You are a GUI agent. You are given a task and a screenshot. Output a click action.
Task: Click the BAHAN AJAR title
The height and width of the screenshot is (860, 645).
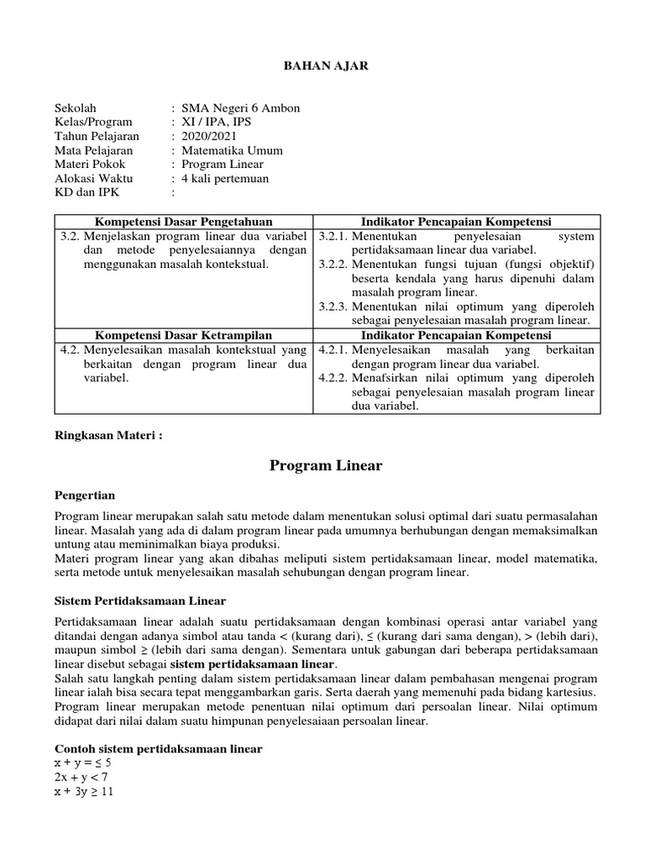point(322,65)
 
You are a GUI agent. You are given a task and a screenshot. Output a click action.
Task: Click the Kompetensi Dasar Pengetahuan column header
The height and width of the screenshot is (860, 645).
point(184,222)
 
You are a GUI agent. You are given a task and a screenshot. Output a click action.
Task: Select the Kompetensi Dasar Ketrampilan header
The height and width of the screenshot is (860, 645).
point(184,335)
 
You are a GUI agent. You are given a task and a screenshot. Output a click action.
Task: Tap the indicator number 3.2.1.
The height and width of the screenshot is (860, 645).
point(333,236)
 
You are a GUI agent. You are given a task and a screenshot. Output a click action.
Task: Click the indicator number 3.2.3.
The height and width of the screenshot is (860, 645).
point(333,307)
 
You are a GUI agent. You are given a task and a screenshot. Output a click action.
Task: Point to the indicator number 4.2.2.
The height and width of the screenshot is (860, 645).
point(333,378)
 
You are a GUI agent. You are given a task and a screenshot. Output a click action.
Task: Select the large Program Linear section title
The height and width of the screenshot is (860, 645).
point(326,465)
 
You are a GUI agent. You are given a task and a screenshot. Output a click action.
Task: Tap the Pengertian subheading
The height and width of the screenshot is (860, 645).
point(85,495)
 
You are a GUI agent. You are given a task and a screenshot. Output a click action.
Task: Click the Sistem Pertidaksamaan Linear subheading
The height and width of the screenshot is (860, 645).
point(140,601)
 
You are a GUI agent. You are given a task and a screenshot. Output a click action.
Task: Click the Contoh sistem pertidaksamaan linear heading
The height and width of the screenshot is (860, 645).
point(158,748)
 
